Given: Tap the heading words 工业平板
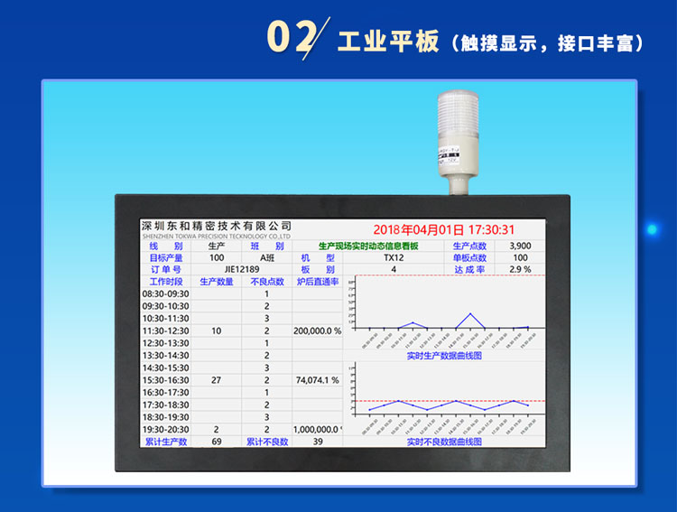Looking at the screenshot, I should [387, 42].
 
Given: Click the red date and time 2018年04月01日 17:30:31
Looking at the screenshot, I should [443, 230].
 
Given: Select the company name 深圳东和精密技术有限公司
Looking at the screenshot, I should [218, 225].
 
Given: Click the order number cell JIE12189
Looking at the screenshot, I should [241, 269].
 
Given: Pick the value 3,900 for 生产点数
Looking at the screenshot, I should [520, 246].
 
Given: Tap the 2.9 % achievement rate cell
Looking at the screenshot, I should [520, 269].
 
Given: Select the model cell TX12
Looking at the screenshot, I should [394, 257].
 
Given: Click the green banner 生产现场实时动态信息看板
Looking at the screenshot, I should [368, 246].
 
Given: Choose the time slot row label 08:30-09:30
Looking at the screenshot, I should [166, 293].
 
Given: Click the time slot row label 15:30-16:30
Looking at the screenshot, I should [166, 380].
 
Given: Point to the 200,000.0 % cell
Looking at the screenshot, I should [317, 330].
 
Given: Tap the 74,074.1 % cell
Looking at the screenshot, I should [317, 380].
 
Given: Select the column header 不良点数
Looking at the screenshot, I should [267, 282].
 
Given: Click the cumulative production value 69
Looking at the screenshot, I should [217, 442].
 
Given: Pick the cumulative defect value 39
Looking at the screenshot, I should [317, 442].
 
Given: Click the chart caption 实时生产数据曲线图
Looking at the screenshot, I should [444, 355].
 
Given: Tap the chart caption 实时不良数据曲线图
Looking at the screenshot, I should [444, 442].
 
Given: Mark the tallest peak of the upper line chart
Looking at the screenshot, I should [470, 314].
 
